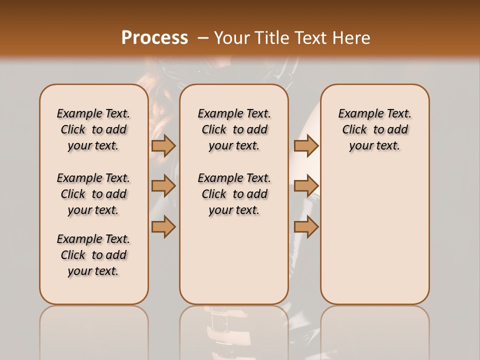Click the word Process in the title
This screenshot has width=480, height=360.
(x=154, y=37)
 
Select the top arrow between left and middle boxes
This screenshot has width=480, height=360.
(x=163, y=145)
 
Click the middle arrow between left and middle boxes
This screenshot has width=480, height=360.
(x=163, y=186)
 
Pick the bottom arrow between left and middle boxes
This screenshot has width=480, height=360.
(x=163, y=226)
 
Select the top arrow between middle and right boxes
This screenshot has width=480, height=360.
(x=306, y=145)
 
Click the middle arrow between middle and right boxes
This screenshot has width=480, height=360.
(x=306, y=186)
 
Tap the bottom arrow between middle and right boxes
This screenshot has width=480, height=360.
(x=306, y=226)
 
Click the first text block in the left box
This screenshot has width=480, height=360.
(x=93, y=129)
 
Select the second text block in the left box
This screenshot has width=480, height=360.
(x=93, y=194)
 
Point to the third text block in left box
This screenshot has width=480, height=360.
(x=93, y=255)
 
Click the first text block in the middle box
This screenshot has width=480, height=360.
(x=234, y=129)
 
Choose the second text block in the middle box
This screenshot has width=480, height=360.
(x=234, y=194)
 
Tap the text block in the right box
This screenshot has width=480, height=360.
(x=374, y=129)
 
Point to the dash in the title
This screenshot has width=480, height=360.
(x=203, y=37)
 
